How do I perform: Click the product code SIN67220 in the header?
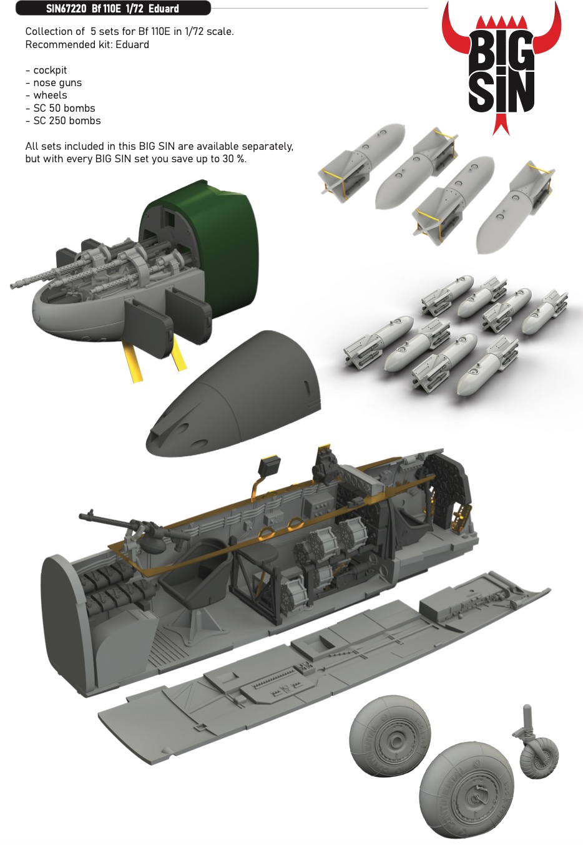point(66,8)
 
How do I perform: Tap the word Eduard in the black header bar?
point(164,8)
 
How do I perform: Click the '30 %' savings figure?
point(234,159)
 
